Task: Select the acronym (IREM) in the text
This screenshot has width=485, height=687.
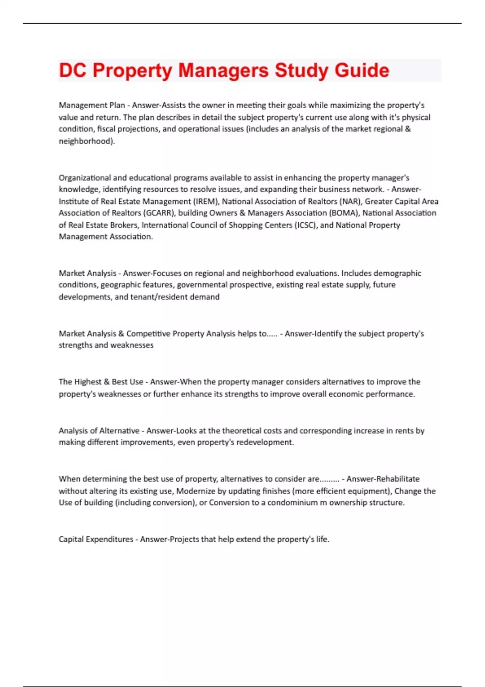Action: coord(206,201)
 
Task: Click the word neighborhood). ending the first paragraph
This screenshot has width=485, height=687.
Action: coord(87,141)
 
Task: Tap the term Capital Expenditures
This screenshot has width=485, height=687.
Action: coord(96,539)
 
